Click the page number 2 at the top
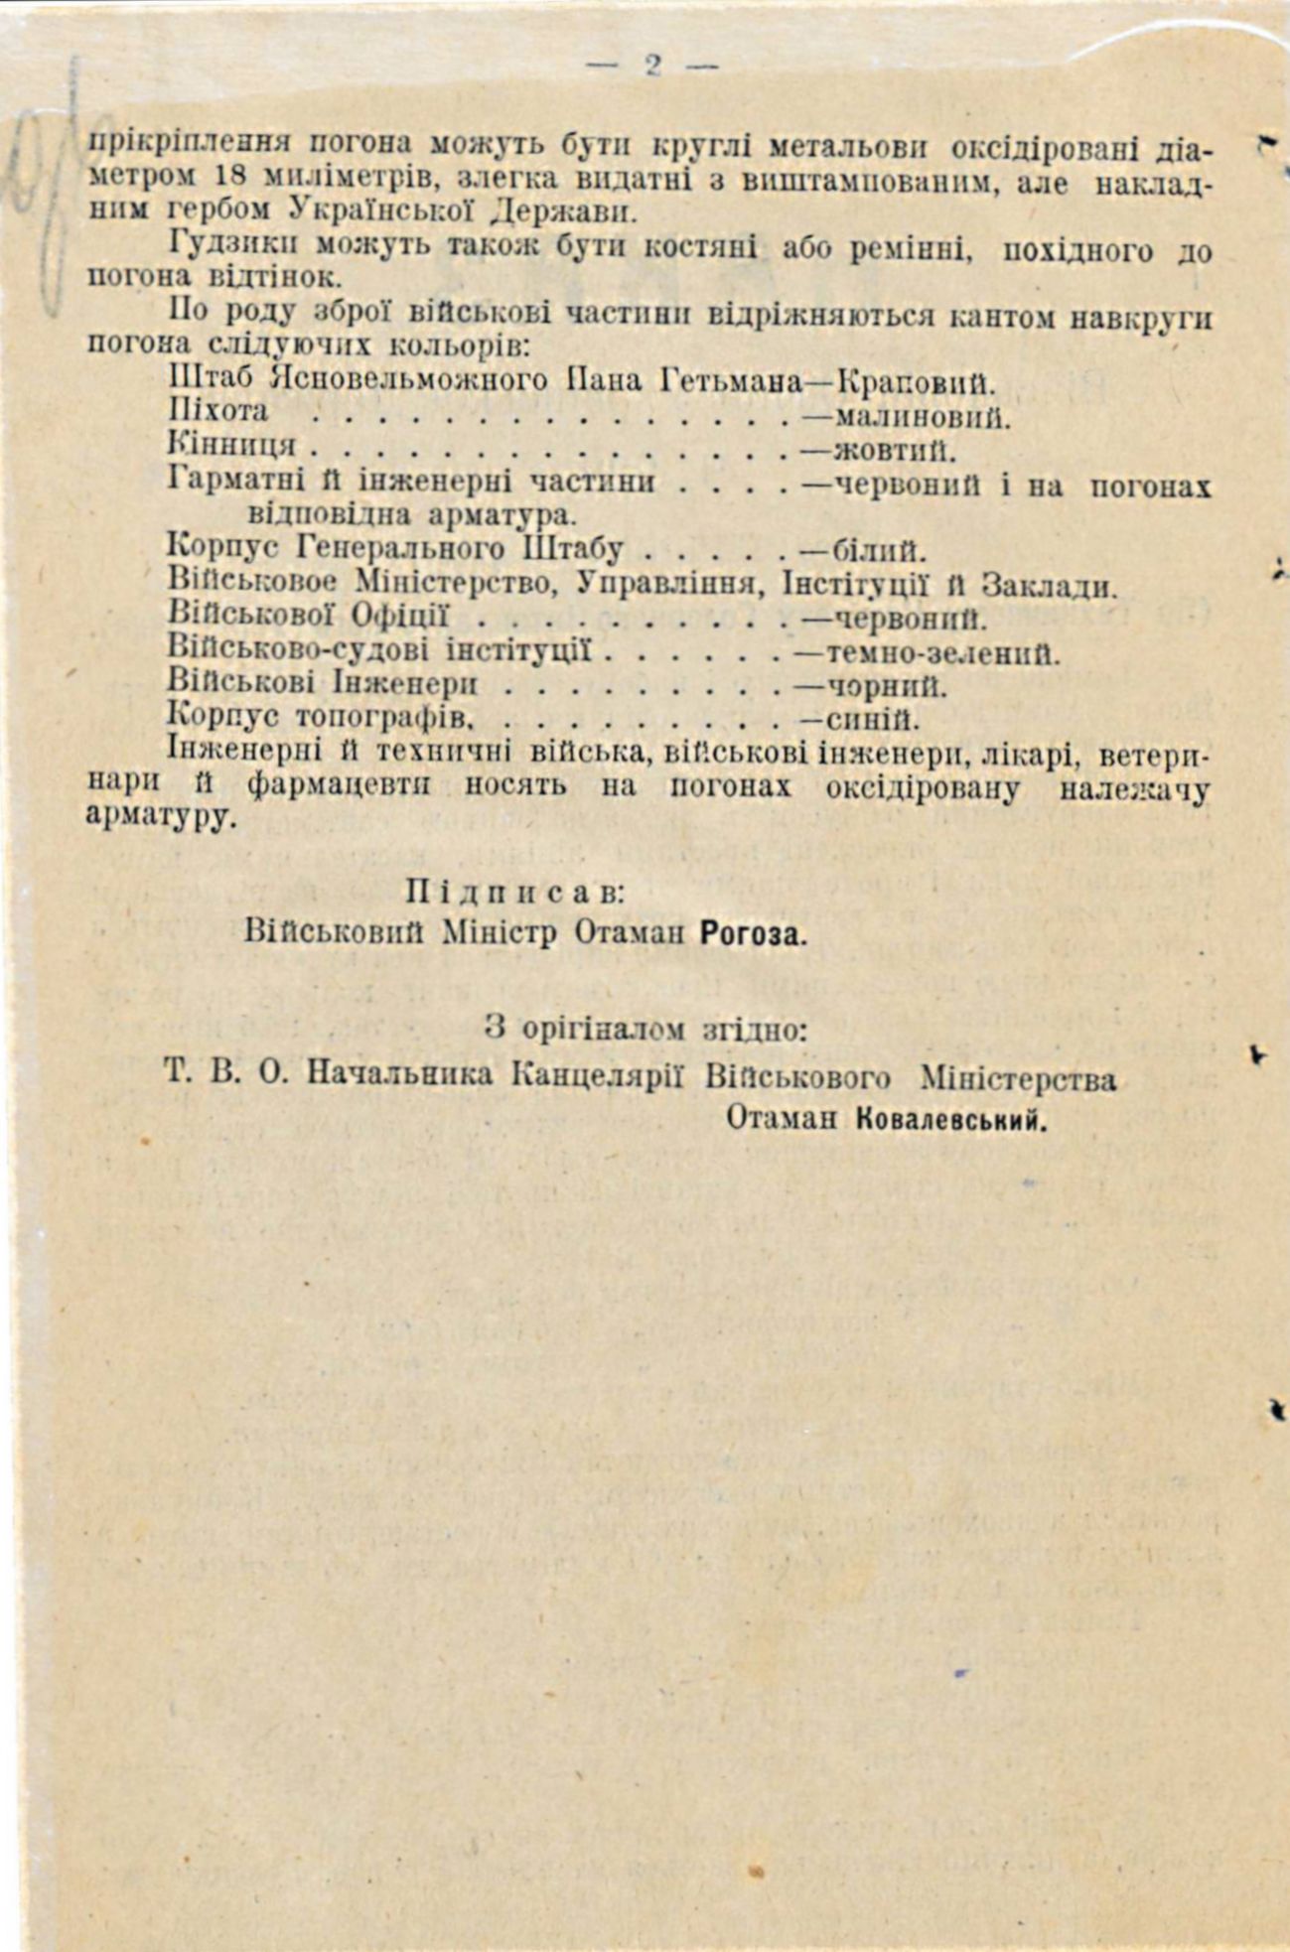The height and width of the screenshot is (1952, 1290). (652, 66)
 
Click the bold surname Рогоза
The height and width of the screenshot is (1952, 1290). (754, 933)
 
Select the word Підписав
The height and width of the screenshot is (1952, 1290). (514, 891)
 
